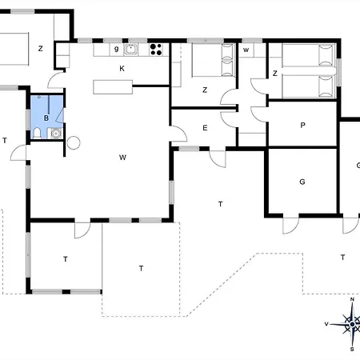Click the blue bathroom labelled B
pos(47,117)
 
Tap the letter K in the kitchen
pos(122,69)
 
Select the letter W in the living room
pos(122,158)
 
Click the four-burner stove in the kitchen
pos(156,50)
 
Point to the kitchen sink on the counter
pos(130,50)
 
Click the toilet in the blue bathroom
pos(37,133)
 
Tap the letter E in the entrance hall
pos(205,128)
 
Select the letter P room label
pos(302,125)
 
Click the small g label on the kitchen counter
pos(116,49)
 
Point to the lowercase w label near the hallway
pos(246,50)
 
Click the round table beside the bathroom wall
pos(74,142)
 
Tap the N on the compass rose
pos(352,299)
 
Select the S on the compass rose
pos(352,350)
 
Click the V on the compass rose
pos(326,324)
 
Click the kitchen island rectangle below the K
pos(113,87)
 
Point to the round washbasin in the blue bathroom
pos(56,134)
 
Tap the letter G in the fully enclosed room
pos(302,182)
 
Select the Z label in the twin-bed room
pos(275,73)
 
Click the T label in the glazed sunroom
pos(66,259)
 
